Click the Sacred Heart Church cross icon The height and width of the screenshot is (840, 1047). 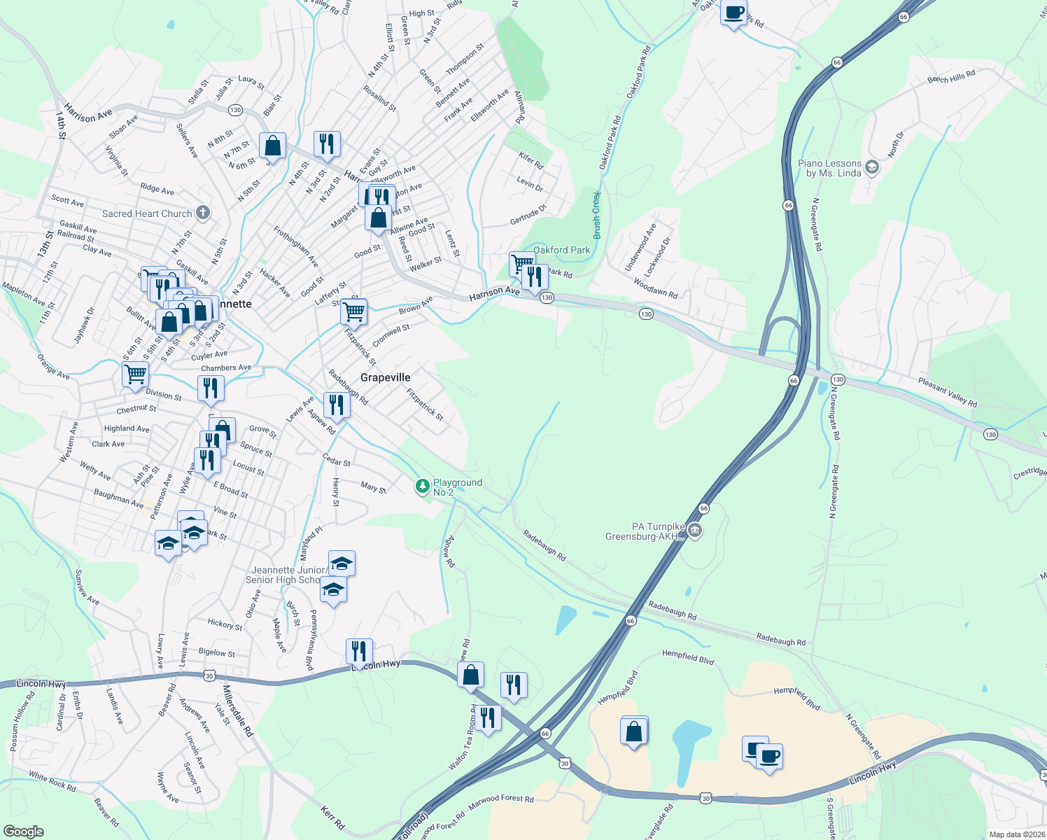(x=203, y=213)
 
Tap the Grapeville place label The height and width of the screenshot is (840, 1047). (x=385, y=377)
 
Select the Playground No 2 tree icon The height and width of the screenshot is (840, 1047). (x=422, y=486)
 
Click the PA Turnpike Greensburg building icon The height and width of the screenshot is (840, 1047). (x=694, y=531)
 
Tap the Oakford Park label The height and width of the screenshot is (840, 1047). (x=561, y=250)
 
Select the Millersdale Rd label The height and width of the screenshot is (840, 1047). (x=237, y=711)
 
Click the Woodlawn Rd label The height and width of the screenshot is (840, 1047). (x=655, y=288)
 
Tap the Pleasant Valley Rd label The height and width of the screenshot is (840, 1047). (x=947, y=391)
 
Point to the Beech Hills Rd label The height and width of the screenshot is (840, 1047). (x=951, y=76)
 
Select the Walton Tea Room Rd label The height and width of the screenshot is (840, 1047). (x=463, y=738)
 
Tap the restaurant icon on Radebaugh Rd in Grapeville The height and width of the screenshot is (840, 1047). (x=337, y=405)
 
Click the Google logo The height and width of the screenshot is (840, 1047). (x=23, y=832)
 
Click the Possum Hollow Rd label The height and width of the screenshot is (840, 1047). (x=22, y=722)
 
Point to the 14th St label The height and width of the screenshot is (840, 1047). (x=61, y=125)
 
